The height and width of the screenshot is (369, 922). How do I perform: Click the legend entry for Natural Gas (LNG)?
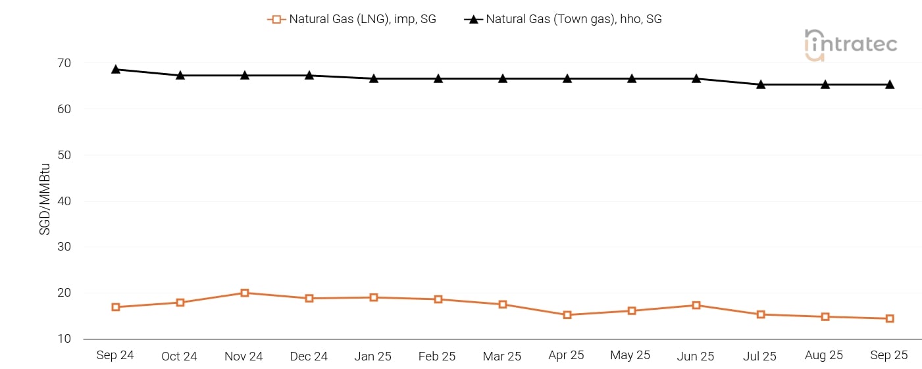click(352, 19)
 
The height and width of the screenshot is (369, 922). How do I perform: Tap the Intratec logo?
click(850, 45)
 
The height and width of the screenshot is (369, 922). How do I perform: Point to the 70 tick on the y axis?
click(64, 63)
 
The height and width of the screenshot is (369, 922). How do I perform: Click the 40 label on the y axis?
click(64, 201)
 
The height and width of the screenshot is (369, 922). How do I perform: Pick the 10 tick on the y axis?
click(64, 339)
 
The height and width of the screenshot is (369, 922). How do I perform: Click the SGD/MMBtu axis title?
click(45, 201)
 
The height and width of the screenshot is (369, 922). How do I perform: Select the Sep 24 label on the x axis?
click(115, 355)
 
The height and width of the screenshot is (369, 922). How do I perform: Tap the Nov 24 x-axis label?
click(244, 356)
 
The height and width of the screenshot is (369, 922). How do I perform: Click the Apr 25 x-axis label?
click(566, 355)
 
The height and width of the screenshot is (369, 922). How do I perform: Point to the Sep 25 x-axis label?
click(889, 355)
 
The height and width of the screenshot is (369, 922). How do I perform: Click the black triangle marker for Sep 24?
click(116, 69)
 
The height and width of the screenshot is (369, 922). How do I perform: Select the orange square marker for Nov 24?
click(245, 293)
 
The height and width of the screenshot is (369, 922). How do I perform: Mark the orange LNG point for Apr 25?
click(567, 315)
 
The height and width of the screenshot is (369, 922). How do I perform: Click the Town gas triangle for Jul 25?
click(761, 84)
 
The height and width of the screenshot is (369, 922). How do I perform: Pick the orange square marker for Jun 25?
click(696, 305)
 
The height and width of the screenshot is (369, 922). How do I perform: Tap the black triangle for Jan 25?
click(374, 78)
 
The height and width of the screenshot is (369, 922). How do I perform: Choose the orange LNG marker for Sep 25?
click(890, 318)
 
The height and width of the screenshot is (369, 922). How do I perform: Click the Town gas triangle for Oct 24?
click(180, 75)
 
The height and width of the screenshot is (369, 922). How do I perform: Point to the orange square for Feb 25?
click(438, 299)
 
